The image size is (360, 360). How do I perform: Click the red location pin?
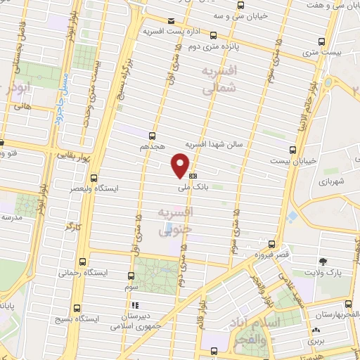click(181, 164)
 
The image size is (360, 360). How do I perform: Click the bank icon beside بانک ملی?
click(193, 176)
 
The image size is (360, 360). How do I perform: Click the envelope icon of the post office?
click(171, 20)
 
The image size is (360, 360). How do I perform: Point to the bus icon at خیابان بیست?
click(294, 148)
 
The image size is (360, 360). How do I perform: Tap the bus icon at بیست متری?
click(322, 41)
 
